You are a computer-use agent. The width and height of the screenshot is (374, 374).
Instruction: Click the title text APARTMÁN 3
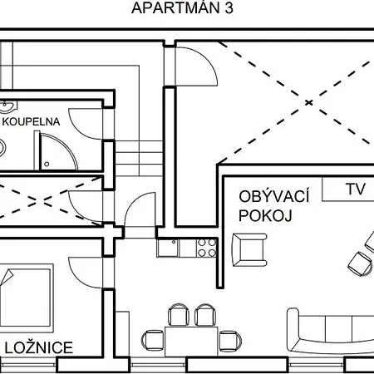click(x=182, y=7)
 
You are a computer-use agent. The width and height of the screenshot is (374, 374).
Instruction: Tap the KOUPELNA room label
click(x=31, y=122)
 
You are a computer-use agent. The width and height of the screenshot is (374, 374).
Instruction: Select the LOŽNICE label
click(x=39, y=347)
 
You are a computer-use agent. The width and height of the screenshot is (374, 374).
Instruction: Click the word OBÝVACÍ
click(x=273, y=196)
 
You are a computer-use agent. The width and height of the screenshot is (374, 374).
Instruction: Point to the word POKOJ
click(x=265, y=215)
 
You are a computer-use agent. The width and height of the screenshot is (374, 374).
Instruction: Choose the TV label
click(x=356, y=189)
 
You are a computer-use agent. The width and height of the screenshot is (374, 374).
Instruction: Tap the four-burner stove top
click(x=207, y=248)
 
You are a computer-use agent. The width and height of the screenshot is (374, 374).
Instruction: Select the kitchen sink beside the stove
click(x=168, y=248)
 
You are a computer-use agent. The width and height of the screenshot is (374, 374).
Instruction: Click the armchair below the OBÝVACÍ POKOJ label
click(x=249, y=250)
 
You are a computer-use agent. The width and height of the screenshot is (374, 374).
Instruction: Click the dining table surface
click(x=191, y=342)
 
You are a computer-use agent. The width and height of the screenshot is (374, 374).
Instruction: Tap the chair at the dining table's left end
click(x=153, y=340)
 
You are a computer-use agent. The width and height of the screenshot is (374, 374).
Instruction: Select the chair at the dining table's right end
click(x=229, y=341)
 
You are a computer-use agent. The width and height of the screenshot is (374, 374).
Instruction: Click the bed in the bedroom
click(x=27, y=298)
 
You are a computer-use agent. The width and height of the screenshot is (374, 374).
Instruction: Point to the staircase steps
click(x=139, y=158)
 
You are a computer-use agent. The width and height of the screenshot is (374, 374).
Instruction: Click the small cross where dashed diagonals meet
click(x=308, y=103)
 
